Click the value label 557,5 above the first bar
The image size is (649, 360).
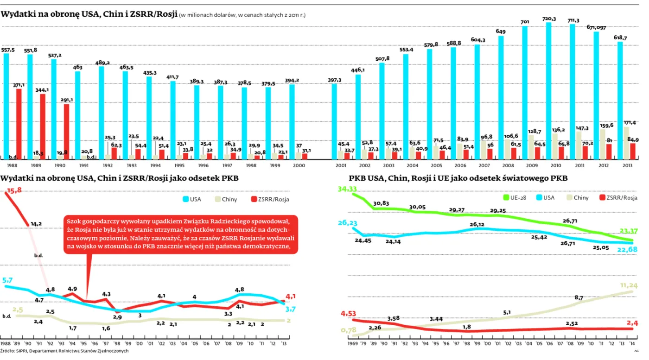[x=8, y=50]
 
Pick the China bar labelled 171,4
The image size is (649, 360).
[x=626, y=143]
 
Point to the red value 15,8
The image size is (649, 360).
[x=14, y=190]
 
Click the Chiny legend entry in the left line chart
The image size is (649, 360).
[x=225, y=199]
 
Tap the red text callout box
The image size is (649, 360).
[x=180, y=234]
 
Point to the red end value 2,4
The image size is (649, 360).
[x=632, y=323]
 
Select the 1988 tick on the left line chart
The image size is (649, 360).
[x=6, y=343]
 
